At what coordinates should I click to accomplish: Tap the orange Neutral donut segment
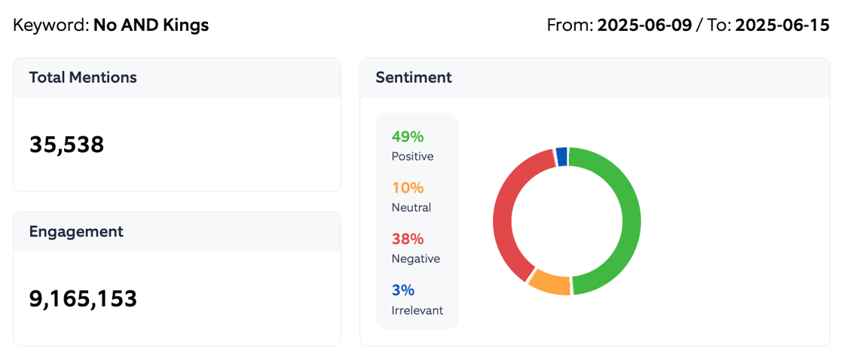click(549, 284)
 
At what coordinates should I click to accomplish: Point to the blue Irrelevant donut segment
click(561, 156)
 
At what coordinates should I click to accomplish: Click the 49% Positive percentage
click(408, 137)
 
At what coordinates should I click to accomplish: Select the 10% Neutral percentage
click(408, 188)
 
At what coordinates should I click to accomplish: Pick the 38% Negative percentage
click(408, 239)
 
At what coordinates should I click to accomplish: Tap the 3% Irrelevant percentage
click(403, 291)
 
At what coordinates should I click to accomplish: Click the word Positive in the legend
click(412, 157)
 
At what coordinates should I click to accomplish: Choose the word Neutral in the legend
click(411, 208)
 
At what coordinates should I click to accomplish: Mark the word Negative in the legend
click(415, 259)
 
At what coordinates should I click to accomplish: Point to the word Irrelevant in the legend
click(417, 310)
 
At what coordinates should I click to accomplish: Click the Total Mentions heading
click(83, 78)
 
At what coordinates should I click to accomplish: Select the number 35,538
click(66, 145)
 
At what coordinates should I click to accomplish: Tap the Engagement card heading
click(76, 232)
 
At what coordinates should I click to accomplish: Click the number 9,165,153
click(83, 299)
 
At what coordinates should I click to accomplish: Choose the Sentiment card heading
click(414, 78)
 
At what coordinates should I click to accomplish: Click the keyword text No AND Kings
click(151, 26)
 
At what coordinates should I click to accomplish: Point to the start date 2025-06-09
click(644, 26)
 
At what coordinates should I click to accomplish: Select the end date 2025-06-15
click(782, 26)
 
